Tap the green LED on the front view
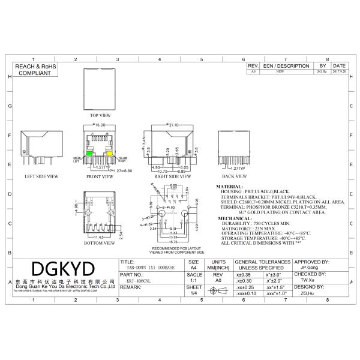[x=89, y=154]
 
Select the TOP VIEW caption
[x=100, y=115]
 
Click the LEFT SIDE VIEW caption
[x=41, y=176]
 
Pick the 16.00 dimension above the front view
[x=100, y=125]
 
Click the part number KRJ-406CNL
[x=139, y=280]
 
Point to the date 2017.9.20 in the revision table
[x=339, y=71]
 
